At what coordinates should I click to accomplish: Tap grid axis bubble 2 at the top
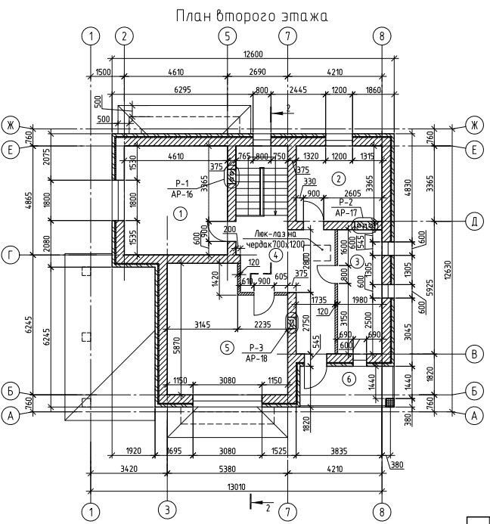[125, 36]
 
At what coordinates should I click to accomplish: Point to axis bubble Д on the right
[475, 222]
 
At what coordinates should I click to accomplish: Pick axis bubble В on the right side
[475, 353]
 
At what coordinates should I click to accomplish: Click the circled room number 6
[349, 378]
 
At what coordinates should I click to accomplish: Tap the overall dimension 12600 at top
[252, 54]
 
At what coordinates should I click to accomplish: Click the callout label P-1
[181, 183]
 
